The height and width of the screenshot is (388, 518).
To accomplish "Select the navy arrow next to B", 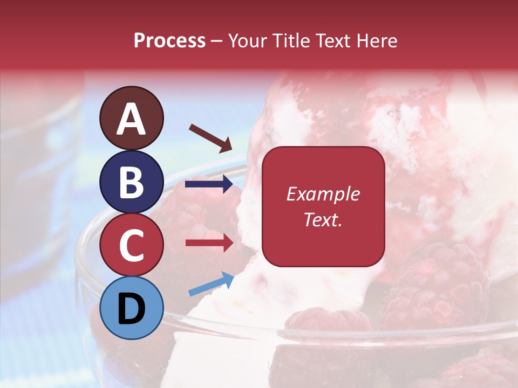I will click(209, 185).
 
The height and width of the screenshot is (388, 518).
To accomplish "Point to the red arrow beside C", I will click(209, 243).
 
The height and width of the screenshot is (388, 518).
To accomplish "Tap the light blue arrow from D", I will click(211, 284).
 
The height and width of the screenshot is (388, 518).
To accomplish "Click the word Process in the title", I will click(169, 41).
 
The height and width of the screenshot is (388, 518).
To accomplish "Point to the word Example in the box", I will click(323, 194).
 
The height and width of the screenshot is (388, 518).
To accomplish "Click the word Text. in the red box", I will click(323, 220).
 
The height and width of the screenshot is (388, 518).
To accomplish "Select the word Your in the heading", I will click(247, 41).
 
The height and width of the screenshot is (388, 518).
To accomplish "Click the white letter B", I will click(132, 182).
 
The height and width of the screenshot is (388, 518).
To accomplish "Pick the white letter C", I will click(132, 246).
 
